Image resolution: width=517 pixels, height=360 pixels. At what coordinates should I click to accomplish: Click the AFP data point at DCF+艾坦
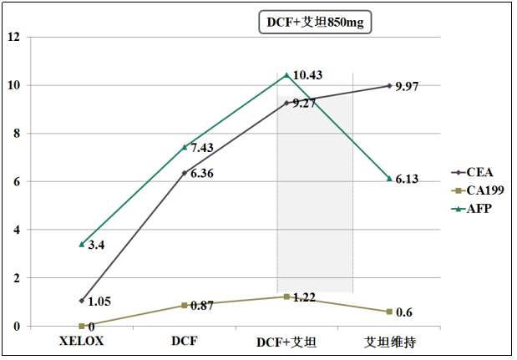(286, 75)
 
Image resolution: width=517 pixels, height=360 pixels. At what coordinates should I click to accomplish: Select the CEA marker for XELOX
(81, 300)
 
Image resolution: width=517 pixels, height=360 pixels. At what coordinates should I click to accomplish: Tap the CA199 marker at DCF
(184, 305)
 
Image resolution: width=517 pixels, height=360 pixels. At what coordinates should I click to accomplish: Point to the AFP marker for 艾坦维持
(389, 178)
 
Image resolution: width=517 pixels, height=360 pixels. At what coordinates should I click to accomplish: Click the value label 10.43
(307, 75)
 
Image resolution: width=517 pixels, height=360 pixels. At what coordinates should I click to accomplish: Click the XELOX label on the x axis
(81, 342)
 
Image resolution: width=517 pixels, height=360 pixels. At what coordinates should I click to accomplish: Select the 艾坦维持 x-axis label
(389, 342)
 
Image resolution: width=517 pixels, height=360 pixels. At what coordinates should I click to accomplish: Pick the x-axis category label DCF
(184, 342)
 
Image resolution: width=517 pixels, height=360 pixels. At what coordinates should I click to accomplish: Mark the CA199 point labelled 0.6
(389, 312)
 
